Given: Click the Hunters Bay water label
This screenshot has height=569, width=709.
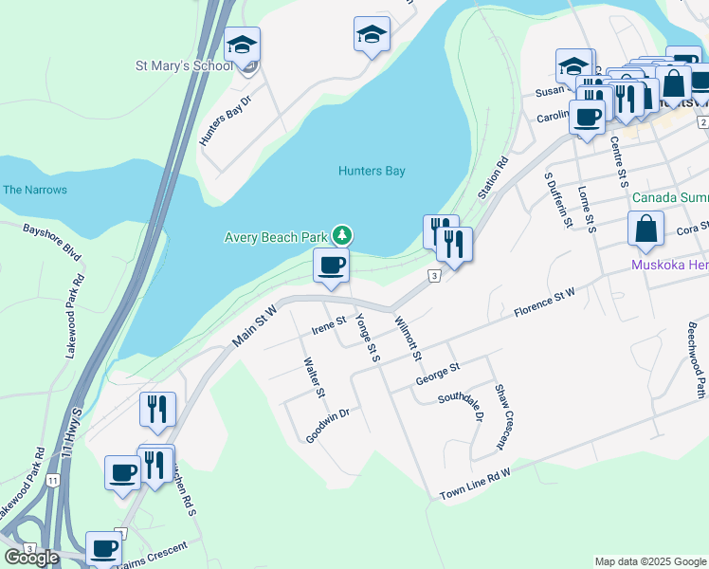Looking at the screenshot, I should coord(372,172).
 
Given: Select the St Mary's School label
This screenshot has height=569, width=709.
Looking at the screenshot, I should coord(184,66).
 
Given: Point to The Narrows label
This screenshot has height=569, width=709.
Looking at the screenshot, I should coord(35,190).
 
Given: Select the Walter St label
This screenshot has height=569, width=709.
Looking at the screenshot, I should coord(314,377).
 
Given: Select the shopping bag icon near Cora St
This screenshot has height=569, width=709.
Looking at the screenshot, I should coord(645,229).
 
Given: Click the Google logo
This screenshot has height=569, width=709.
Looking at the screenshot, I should coord(31,558).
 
